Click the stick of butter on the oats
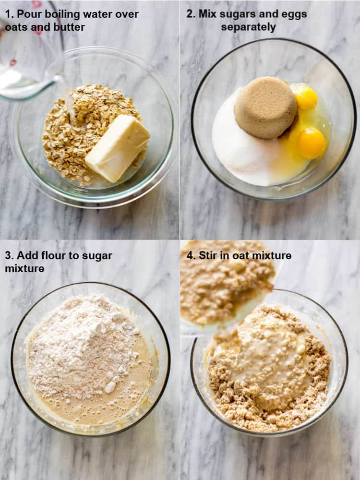click(118, 148)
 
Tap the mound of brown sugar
click(265, 107)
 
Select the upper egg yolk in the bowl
click(305, 97)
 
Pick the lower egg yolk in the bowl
click(312, 143)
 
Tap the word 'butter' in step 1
click(69, 27)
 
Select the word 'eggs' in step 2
click(295, 14)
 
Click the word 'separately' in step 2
click(248, 27)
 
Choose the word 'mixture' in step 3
click(24, 268)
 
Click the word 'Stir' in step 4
click(208, 255)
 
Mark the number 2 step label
click(191, 14)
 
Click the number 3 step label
click(9, 255)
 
